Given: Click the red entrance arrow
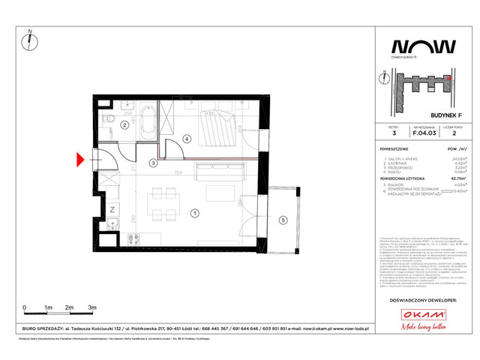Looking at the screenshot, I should coord(82,159).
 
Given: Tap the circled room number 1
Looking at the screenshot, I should coord(195,213).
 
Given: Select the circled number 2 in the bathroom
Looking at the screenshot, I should coord(123,125).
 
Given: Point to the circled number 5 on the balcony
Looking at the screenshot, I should coord(282,220).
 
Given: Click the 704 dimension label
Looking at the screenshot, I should coord(178,172).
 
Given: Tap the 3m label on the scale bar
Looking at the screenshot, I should coord(91,308).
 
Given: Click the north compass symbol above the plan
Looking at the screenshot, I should coord(30,41).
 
